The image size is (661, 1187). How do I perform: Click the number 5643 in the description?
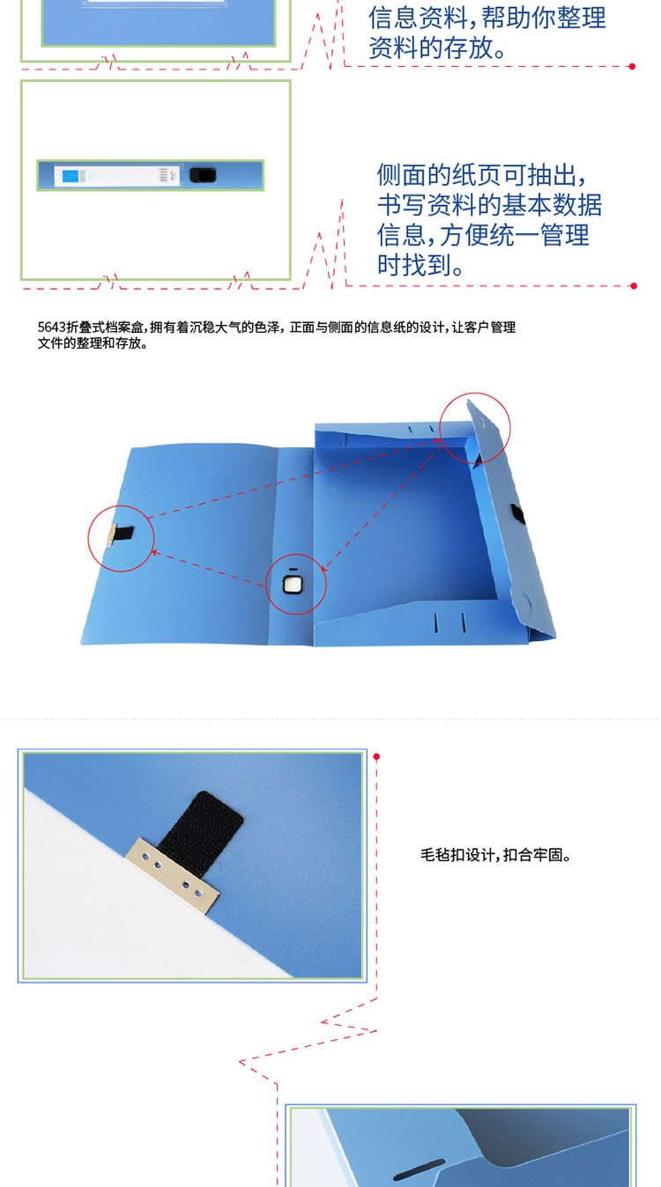pyautogui.click(x=51, y=328)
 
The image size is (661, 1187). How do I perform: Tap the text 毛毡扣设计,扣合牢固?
pyautogui.click(x=495, y=855)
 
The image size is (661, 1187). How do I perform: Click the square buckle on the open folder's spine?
pyautogui.click(x=293, y=585)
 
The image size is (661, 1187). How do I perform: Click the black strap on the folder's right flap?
pyautogui.click(x=517, y=514)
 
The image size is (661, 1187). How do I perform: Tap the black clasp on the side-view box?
pyautogui.click(x=203, y=175)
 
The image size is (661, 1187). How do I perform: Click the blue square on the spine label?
pyautogui.click(x=70, y=176)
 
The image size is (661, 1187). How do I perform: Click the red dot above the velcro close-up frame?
pyautogui.click(x=376, y=756)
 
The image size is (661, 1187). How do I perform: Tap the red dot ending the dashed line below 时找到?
pyautogui.click(x=634, y=286)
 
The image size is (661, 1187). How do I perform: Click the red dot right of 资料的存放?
pyautogui.click(x=632, y=67)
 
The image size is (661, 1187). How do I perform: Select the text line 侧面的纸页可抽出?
pyautogui.click(x=481, y=175)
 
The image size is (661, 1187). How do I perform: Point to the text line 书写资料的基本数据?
pyautogui.click(x=490, y=205)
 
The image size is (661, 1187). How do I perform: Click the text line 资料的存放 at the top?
pyautogui.click(x=438, y=48)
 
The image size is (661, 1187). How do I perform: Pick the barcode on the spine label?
pyautogui.click(x=163, y=176)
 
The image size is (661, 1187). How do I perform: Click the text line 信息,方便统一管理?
pyautogui.click(x=483, y=235)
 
